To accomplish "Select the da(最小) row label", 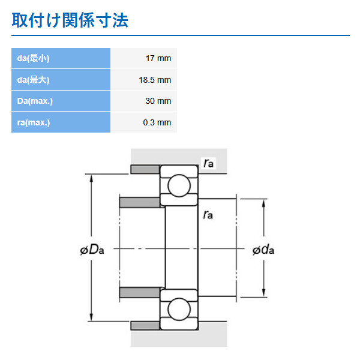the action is [33, 58].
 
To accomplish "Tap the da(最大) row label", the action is [33, 80].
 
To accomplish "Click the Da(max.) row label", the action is [35, 101].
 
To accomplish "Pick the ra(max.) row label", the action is [34, 122].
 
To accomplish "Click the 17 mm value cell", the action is [158, 58].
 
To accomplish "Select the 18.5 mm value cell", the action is [155, 80].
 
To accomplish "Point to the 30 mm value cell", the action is [158, 101].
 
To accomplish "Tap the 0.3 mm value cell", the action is [157, 122].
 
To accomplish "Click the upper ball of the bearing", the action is [178, 186].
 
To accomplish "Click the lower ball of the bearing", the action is [178, 309].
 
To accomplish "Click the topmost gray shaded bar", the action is [145, 169].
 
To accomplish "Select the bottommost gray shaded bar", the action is [145, 325].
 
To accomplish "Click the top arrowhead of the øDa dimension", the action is [92, 178].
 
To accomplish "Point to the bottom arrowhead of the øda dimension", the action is [264, 292].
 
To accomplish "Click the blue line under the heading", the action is [180, 35].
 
